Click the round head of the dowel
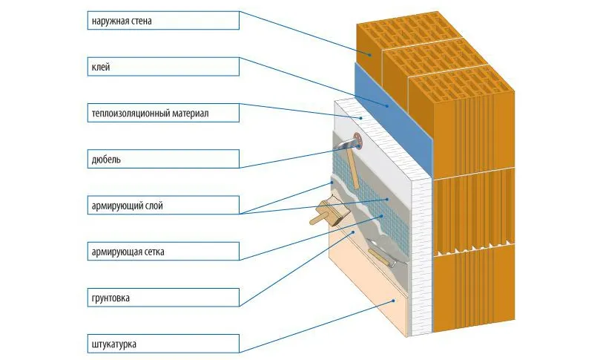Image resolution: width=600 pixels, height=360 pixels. coord(358,140)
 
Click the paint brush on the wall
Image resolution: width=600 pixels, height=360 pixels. coord(325,213)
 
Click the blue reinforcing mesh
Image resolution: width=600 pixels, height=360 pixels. coord(371,208)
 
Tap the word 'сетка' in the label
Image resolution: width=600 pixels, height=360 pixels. coord(151,252)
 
